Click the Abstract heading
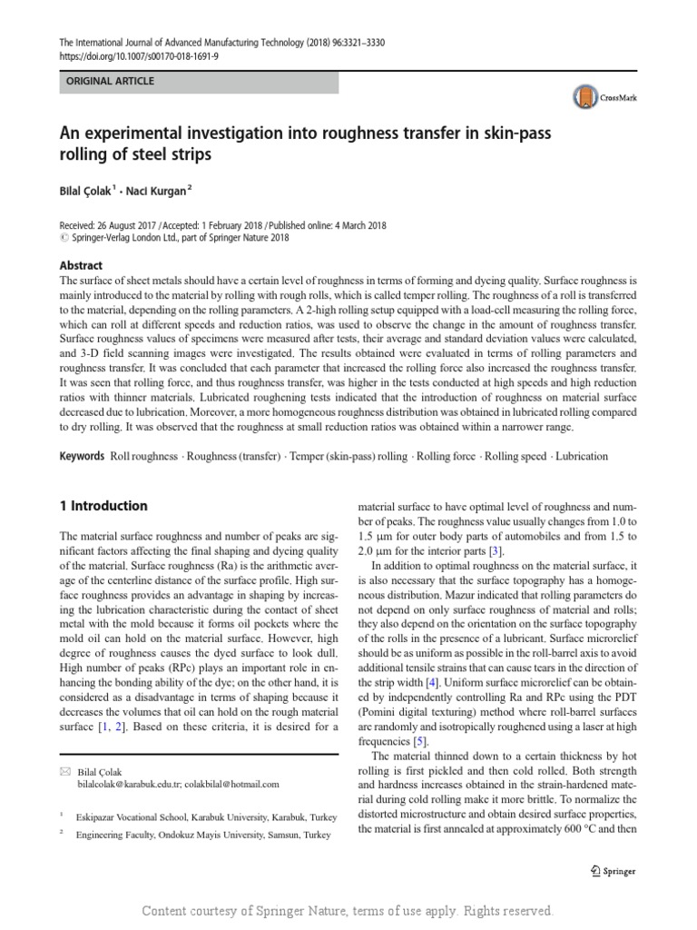[x=81, y=265]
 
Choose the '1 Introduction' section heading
[x=103, y=506]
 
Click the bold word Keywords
[x=83, y=456]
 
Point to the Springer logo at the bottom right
[x=607, y=871]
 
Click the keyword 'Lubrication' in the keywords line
[x=582, y=456]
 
